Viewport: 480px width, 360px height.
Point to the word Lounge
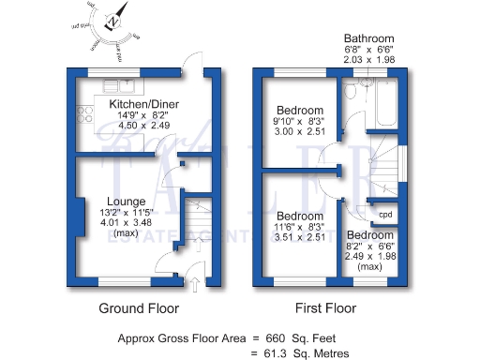pyautogui.click(x=125, y=201)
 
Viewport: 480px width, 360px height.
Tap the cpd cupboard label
pyautogui.click(x=385, y=214)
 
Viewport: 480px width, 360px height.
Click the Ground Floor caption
pyautogui.click(x=139, y=307)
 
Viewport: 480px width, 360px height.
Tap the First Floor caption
pyautogui.click(x=325, y=307)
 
